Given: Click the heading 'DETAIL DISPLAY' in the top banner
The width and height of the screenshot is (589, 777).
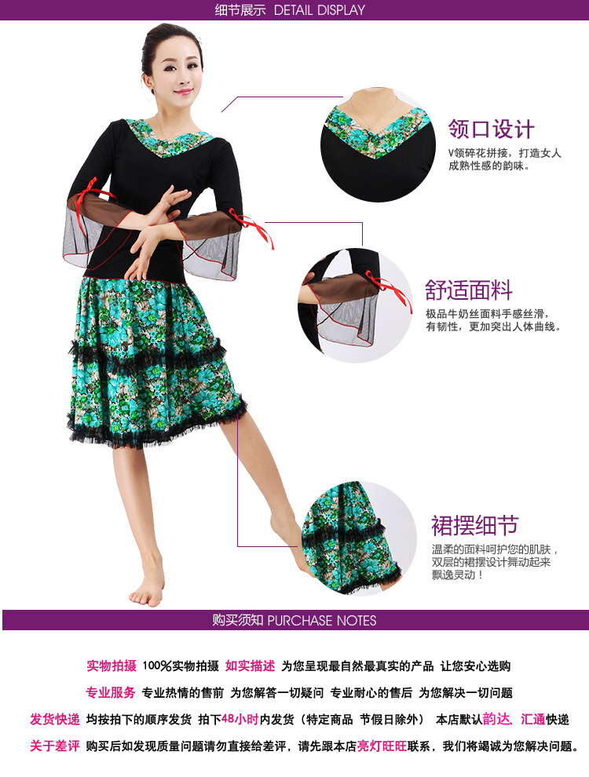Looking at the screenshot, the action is click(x=320, y=10).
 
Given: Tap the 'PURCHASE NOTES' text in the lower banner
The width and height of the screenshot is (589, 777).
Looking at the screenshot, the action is click(x=322, y=620).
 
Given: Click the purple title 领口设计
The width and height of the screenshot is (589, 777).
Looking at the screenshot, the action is click(x=492, y=129).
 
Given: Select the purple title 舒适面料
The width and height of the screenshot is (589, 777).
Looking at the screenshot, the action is click(x=469, y=290).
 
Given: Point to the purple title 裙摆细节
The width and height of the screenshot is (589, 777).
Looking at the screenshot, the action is click(x=474, y=525).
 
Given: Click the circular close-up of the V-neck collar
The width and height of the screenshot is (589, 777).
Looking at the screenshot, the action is click(x=378, y=144).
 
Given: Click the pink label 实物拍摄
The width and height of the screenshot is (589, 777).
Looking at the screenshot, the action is click(x=112, y=666).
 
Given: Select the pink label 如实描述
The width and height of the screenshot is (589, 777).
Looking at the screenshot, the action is click(x=250, y=666).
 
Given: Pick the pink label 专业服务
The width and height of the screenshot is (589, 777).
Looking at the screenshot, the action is click(x=111, y=692).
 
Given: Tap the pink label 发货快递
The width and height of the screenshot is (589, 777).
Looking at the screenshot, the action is click(x=54, y=719).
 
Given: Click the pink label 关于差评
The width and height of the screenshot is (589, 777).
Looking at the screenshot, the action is click(x=54, y=746).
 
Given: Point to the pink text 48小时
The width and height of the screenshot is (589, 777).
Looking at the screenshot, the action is click(x=240, y=719).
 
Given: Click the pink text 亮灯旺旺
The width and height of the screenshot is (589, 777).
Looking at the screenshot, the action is click(x=382, y=746).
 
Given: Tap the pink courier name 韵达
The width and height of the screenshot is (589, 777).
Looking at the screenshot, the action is click(x=496, y=719).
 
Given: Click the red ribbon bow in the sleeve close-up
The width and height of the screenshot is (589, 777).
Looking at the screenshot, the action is click(x=390, y=289).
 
